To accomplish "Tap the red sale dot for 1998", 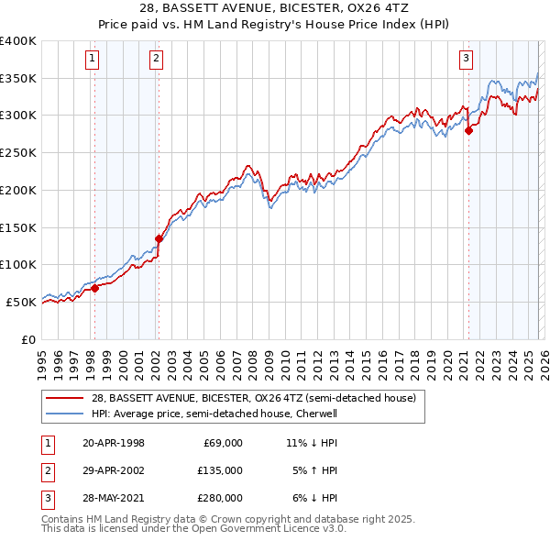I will [94, 288].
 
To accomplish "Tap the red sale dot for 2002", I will [159, 238].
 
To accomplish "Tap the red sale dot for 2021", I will [468, 130].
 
